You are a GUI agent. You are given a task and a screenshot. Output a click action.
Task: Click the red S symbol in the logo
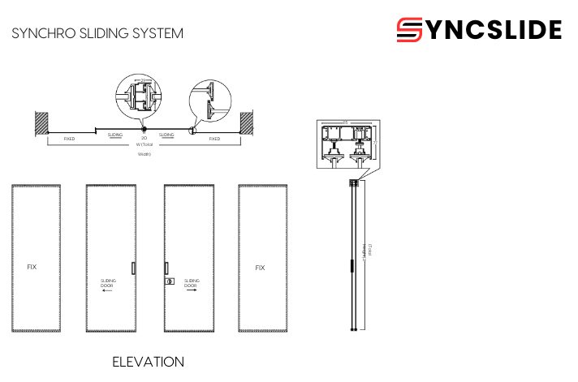point(410,30)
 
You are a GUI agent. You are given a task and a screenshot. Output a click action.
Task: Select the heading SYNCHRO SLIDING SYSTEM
point(97,33)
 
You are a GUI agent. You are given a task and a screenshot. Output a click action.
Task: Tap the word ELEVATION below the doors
point(148,362)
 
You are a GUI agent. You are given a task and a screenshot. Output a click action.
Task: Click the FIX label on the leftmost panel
point(32,267)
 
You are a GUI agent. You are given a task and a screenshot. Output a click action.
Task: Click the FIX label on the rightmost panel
point(260,267)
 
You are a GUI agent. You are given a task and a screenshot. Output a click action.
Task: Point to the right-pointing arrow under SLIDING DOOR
point(191,293)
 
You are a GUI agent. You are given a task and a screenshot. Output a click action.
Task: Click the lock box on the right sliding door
point(170,281)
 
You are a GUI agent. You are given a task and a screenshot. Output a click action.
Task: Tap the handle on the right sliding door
point(166,267)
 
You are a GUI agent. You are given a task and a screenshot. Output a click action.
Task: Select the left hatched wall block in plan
point(40,122)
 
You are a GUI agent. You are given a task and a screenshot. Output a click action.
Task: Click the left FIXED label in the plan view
point(69,139)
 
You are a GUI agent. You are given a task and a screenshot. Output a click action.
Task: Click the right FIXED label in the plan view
point(214,139)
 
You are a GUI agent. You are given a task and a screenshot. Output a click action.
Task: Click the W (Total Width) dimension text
point(144,145)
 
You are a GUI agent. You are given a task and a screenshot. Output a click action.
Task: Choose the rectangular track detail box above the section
point(346,147)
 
